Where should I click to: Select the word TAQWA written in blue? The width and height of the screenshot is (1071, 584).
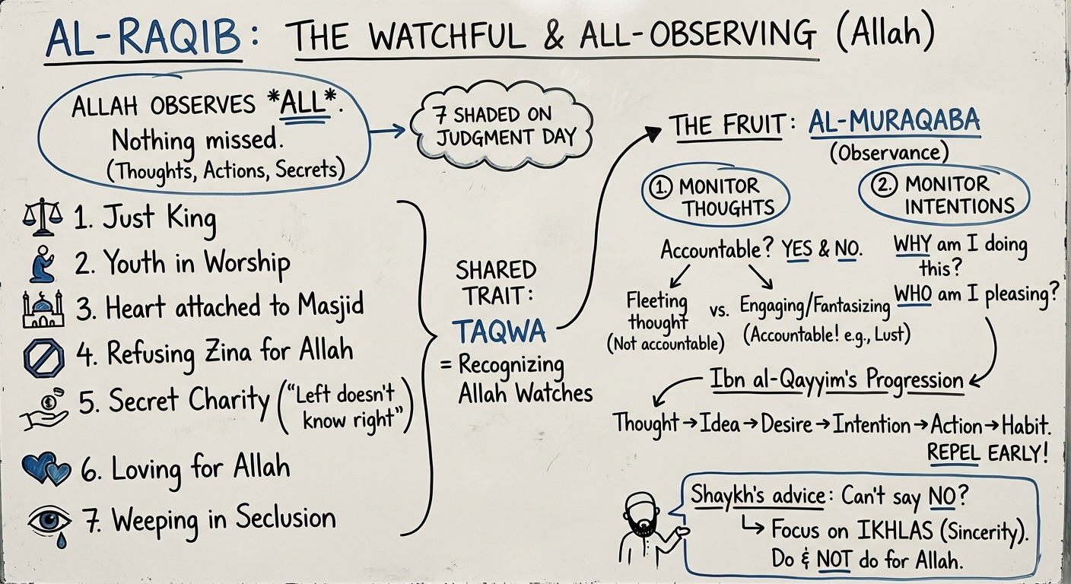498,332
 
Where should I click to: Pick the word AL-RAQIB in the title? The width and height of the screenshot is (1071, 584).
142,40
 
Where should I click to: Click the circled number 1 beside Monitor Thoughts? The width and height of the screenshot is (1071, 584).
659,186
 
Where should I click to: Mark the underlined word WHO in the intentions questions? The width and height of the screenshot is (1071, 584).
914,294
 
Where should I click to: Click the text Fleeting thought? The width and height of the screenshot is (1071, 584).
657,312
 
